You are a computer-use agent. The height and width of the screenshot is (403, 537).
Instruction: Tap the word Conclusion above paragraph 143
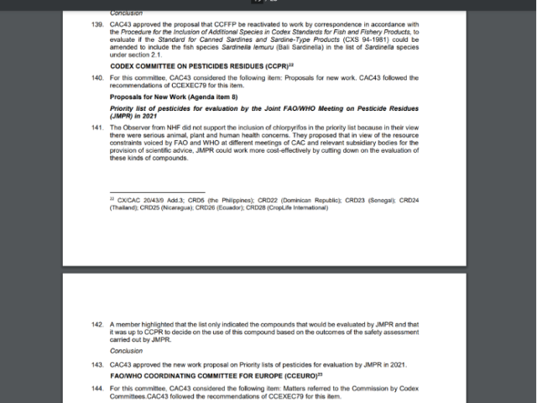pos(126,351)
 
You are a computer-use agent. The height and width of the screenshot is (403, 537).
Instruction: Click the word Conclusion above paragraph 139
pos(126,13)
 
